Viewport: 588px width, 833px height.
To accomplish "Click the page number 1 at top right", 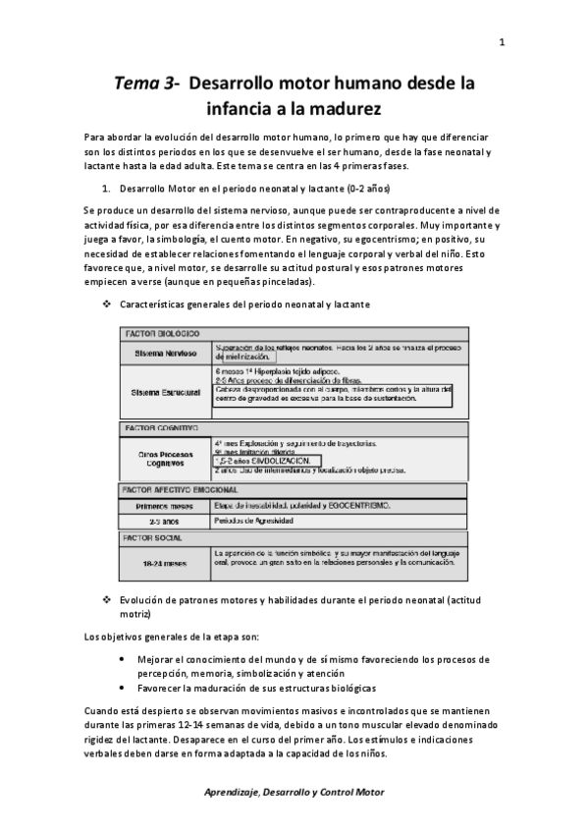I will (502, 42).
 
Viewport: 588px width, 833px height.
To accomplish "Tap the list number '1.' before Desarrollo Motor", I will (107, 187).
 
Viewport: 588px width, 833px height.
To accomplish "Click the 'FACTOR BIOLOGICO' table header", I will (161, 334).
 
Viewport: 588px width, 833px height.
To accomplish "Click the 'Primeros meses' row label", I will (164, 505).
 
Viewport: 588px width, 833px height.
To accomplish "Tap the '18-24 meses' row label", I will (164, 563).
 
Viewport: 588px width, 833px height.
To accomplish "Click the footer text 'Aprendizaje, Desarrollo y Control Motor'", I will (294, 792).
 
